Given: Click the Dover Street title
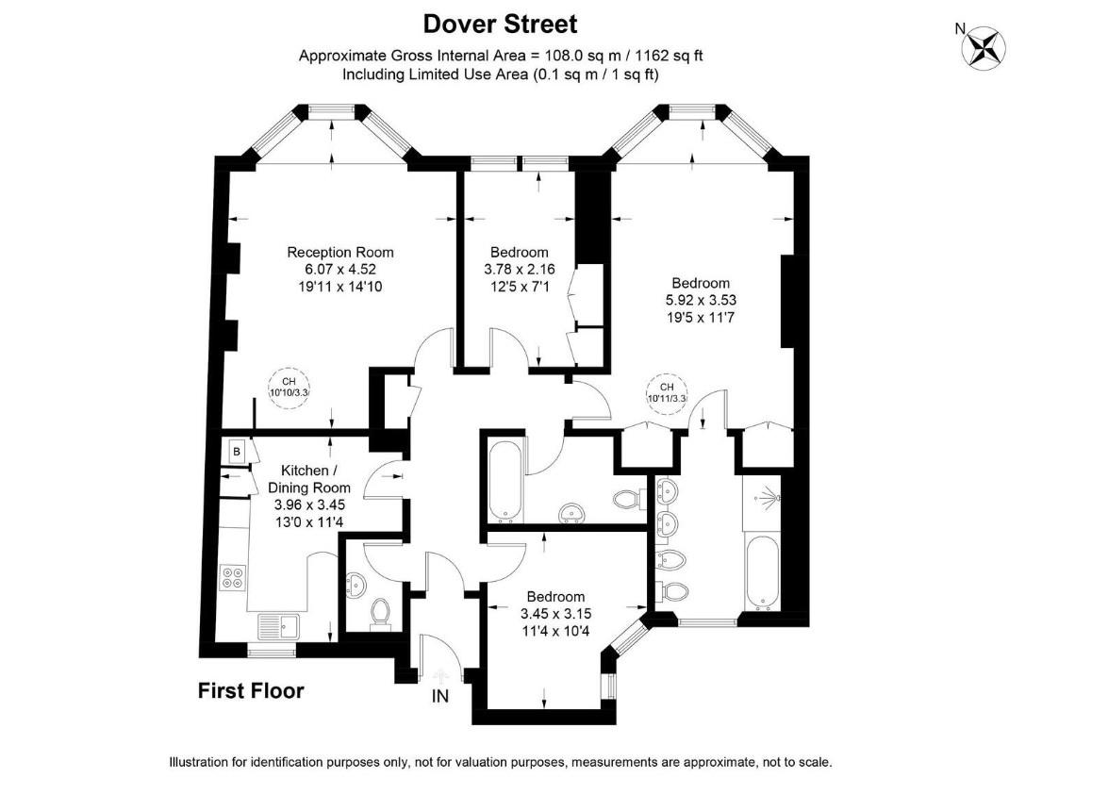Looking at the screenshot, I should pos(500,23).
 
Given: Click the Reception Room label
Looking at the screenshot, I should pos(339,252).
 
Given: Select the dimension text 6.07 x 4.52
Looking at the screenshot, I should pos(339,270).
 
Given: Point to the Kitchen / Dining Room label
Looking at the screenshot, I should pos(308,479).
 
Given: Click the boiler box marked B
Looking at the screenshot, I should pos(236,452).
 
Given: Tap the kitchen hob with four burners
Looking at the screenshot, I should pos(231,576).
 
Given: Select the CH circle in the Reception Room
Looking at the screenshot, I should pos(289,387).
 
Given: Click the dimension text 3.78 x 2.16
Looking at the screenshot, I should pos(519,270).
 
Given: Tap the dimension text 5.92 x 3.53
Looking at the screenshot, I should pos(700,301).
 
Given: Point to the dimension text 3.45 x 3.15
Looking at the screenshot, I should pos(555,613).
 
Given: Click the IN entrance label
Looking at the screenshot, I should pos(439,697).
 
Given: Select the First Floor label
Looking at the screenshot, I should pos(251,691).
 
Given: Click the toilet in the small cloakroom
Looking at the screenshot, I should pos(380,612).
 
